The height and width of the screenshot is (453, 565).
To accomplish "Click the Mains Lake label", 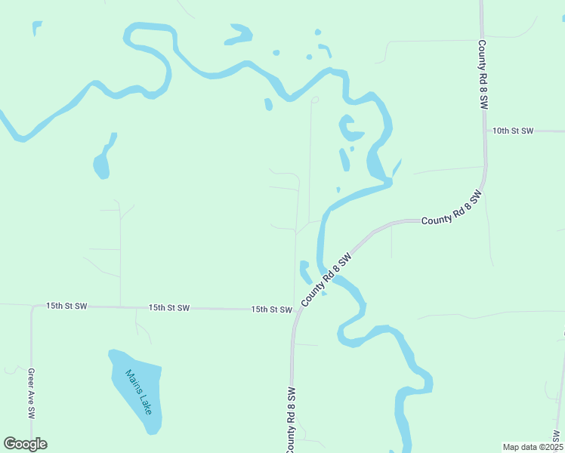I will click(x=139, y=391).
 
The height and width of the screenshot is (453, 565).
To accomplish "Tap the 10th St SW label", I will click(x=513, y=131).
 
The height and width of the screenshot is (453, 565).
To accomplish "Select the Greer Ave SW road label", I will click(x=32, y=393).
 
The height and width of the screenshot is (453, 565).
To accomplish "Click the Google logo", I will click(x=25, y=444).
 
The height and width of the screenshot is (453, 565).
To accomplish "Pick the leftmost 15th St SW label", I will click(x=66, y=306).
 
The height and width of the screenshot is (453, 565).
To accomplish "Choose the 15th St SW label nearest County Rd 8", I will click(x=271, y=310).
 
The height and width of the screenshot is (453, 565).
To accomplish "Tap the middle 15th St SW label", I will click(x=168, y=308).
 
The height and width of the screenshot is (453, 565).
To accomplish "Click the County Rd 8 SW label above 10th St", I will click(x=481, y=76).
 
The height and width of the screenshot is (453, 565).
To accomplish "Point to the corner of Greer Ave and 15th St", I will click(x=32, y=307).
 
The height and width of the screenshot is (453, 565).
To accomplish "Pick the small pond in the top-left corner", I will click(x=36, y=28).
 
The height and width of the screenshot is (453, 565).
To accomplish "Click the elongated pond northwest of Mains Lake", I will click(x=103, y=160).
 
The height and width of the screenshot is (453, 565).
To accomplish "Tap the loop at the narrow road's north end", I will click(x=315, y=100).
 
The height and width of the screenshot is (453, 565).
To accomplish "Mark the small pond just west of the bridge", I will click(x=306, y=270).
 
